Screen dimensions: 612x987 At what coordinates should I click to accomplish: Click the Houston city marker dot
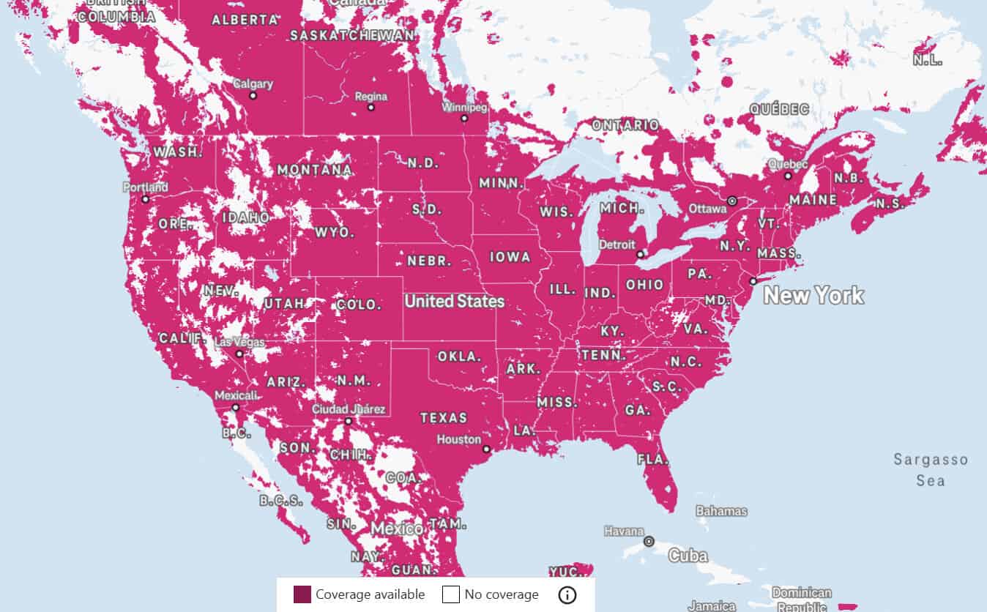pos(486,449)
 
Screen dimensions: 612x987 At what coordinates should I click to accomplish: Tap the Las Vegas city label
pos(239,342)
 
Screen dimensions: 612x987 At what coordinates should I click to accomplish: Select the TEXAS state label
pos(443,418)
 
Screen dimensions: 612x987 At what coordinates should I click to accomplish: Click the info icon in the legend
pos(567,594)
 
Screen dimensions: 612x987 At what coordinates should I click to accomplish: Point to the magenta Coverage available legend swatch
pos(302,594)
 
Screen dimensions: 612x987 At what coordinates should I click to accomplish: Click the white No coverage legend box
pos(450,594)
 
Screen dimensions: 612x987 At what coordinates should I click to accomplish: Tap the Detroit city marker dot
pos(640,254)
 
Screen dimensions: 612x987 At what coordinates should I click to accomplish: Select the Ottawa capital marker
pos(731,201)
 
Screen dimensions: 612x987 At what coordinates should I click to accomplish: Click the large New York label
pos(813,296)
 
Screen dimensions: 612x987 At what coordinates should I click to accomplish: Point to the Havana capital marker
pos(648,541)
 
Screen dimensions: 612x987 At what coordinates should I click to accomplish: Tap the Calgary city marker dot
pos(253,95)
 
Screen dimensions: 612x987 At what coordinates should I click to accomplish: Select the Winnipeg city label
pos(464,107)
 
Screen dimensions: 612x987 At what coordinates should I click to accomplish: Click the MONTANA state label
pos(314,170)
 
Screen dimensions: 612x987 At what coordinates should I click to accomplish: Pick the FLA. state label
pos(652,460)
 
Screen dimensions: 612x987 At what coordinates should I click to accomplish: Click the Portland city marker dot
pos(145,198)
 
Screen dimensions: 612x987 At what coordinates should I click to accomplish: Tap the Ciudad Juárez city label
pos(349,409)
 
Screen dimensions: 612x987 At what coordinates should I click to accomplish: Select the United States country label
pos(454,301)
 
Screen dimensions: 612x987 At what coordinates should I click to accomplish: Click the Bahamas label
pos(721,511)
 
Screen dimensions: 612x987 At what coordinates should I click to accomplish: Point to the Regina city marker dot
pos(370,107)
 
